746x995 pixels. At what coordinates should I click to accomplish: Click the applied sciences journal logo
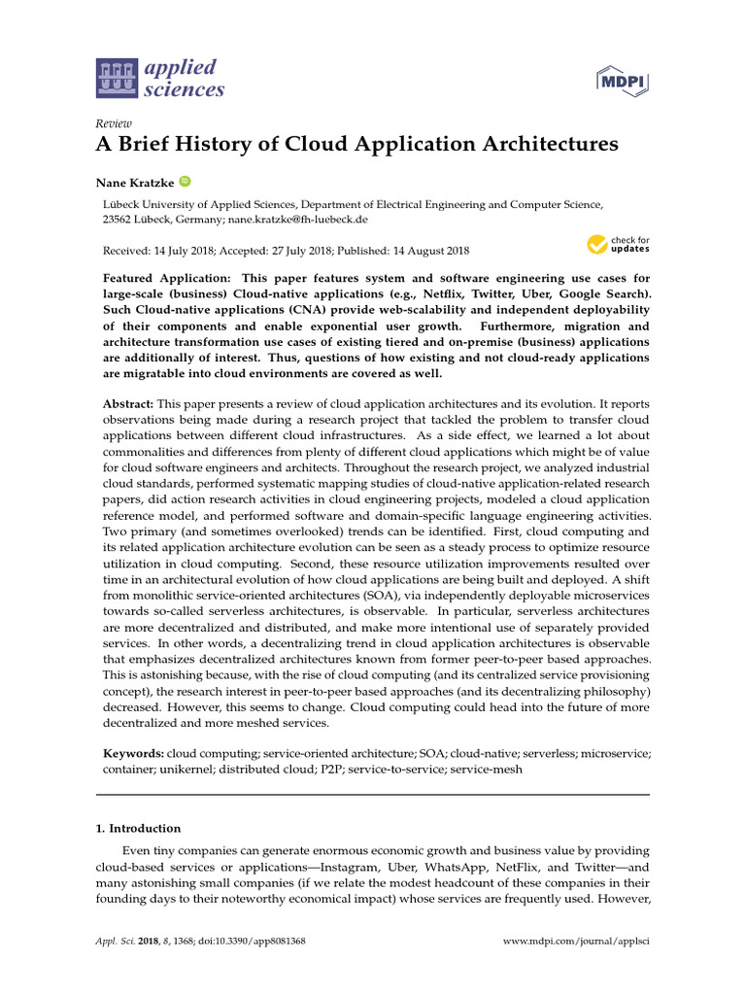[159, 79]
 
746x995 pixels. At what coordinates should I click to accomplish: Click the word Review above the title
[113, 123]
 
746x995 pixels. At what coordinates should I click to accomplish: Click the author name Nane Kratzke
[133, 182]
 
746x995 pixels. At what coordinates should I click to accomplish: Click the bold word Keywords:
[134, 753]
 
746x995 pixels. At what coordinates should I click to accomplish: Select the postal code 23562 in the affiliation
[120, 220]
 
